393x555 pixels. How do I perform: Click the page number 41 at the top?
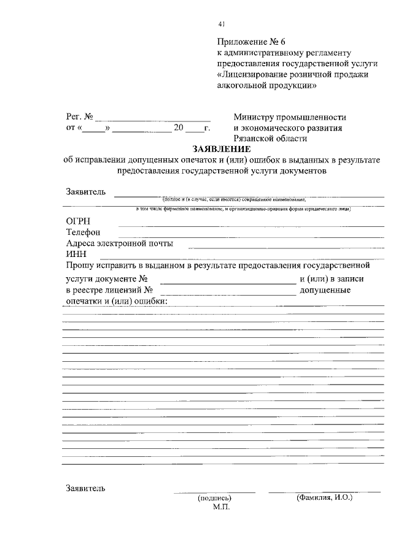pos(221,24)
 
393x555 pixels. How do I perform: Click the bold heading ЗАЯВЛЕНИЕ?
pos(221,149)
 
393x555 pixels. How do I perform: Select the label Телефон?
pos(83,232)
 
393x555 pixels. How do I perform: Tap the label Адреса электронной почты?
pos(119,243)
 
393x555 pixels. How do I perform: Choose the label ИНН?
pos(76,255)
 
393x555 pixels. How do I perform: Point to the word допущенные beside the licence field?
pos(325,290)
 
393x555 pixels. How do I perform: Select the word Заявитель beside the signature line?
pos(85,489)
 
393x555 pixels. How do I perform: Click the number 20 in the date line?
pos(179,128)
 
